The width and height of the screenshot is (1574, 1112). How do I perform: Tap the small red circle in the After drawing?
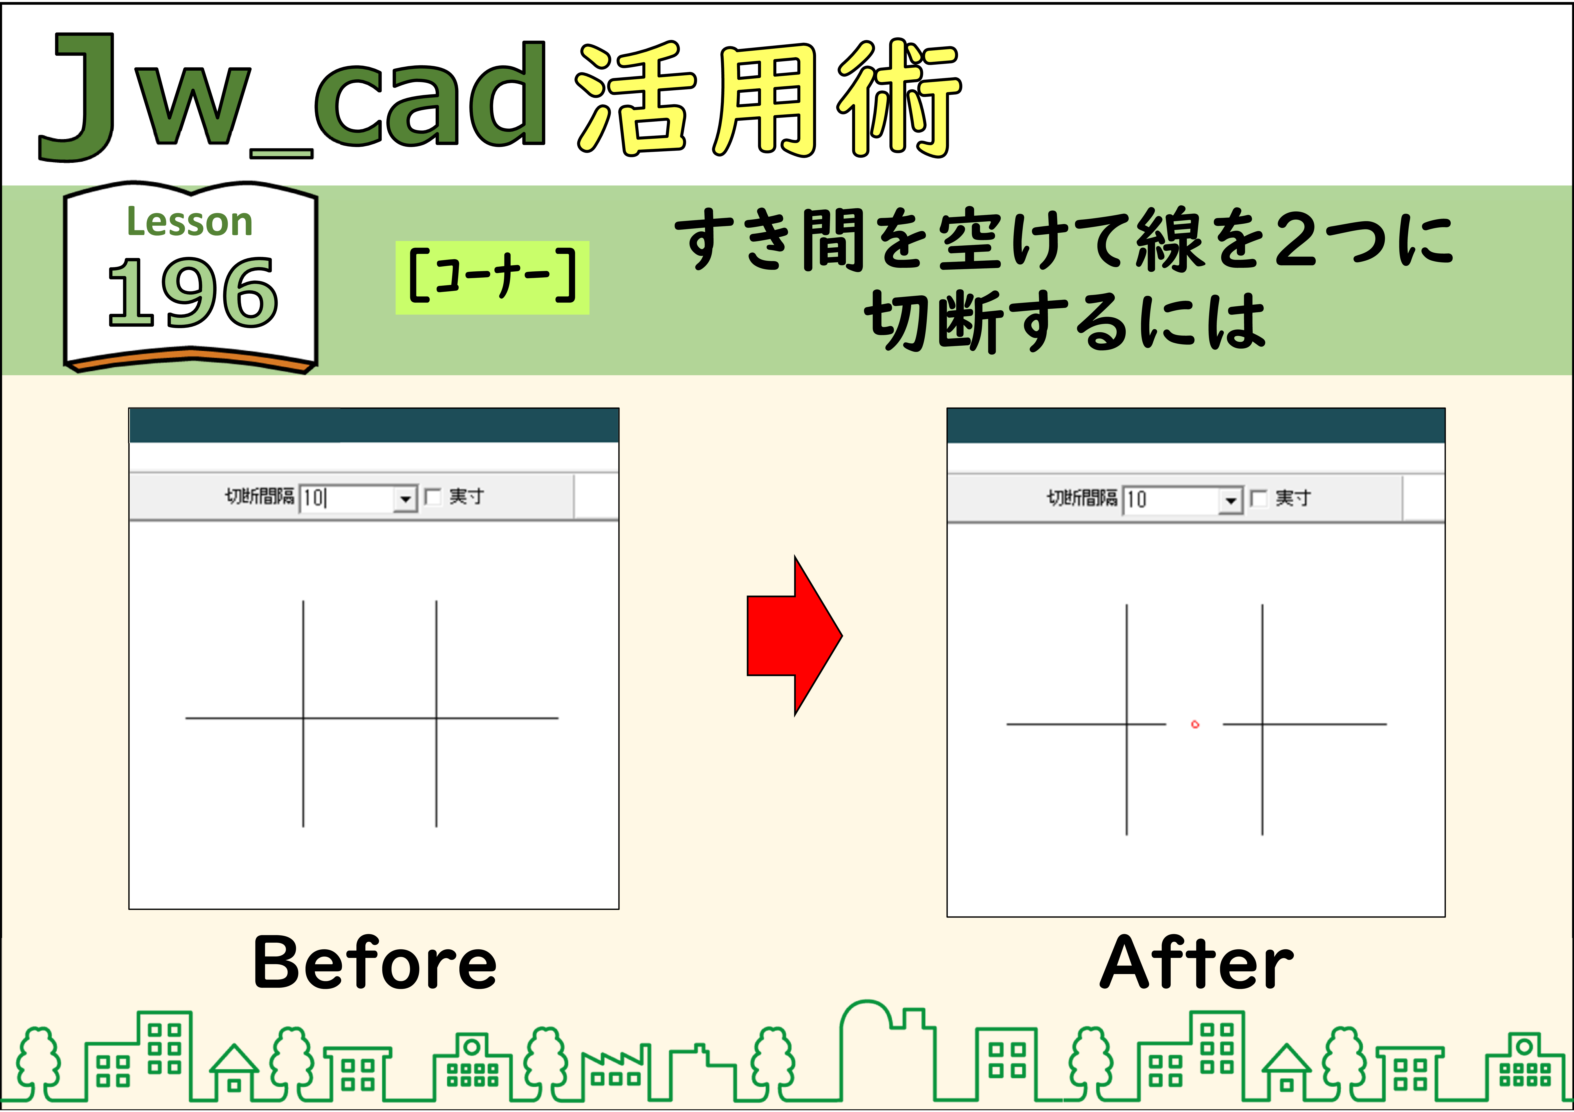1195,724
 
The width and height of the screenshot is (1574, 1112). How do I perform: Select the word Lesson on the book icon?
190,222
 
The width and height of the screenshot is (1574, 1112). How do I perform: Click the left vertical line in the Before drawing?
303,714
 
